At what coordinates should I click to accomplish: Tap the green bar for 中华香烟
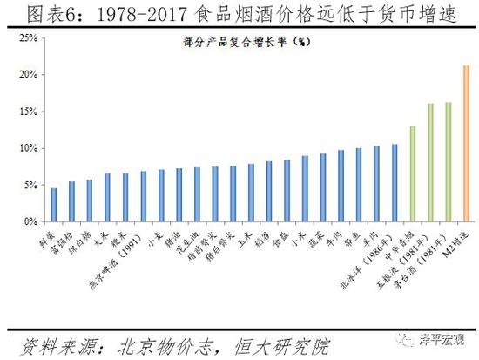coord(413,174)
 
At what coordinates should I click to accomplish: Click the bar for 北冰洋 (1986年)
coord(395,183)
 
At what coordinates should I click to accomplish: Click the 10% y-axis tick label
coord(25,148)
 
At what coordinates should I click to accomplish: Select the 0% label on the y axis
coord(28,222)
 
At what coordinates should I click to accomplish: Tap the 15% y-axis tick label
coord(25,112)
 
